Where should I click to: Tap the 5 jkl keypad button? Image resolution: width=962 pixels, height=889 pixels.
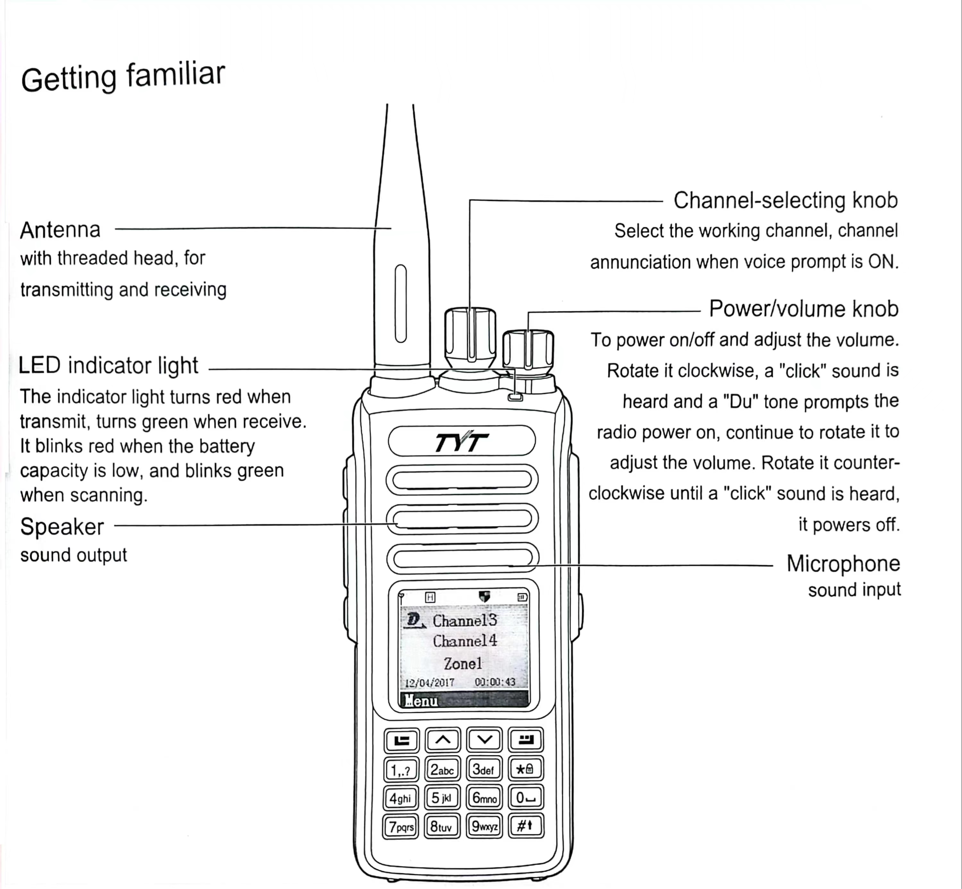pyautogui.click(x=442, y=798)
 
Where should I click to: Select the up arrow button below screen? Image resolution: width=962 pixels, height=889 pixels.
pyautogui.click(x=443, y=740)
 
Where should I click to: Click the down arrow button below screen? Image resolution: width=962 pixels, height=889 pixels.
pyautogui.click(x=484, y=740)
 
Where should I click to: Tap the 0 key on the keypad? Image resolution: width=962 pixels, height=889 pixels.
pyautogui.click(x=525, y=798)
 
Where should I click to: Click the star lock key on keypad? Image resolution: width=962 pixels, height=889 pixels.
pyautogui.click(x=525, y=769)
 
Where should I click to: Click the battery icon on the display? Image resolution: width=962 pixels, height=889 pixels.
pyautogui.click(x=522, y=597)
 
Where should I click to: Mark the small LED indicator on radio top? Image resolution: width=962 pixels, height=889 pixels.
pyautogui.click(x=515, y=397)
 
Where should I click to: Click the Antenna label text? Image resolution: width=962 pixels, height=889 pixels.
pyautogui.click(x=60, y=230)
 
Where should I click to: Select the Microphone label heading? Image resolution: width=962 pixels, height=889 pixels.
pyautogui.click(x=843, y=563)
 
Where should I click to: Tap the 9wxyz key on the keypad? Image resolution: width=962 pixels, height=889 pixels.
pyautogui.click(x=484, y=826)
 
